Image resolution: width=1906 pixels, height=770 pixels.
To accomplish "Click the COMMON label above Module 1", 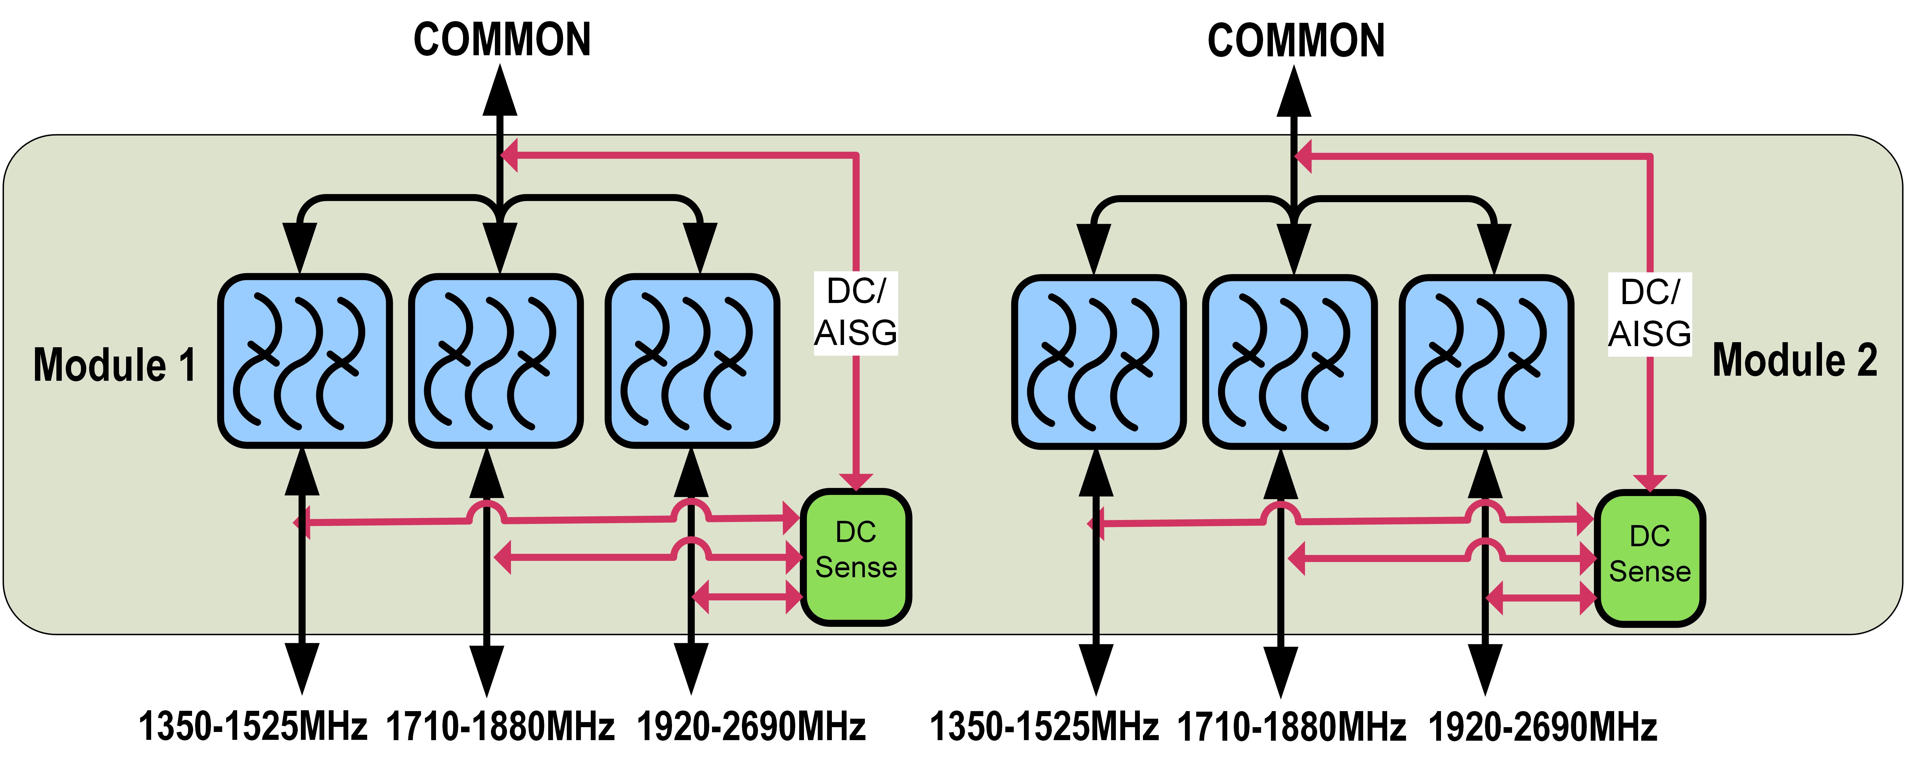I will click(x=502, y=40).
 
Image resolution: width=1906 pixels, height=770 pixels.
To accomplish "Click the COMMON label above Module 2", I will click(x=1295, y=41).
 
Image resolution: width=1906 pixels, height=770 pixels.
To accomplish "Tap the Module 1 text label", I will click(x=115, y=365).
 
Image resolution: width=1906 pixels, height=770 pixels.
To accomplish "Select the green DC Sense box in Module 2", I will click(x=1650, y=558).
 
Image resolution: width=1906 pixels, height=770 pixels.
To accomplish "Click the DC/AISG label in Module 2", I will click(x=1650, y=314).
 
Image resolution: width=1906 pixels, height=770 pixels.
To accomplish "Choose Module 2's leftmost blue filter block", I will click(x=1098, y=362).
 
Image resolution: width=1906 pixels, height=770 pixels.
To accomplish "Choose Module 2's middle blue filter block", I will click(x=1290, y=362).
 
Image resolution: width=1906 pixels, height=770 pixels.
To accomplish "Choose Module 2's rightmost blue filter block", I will click(x=1486, y=362).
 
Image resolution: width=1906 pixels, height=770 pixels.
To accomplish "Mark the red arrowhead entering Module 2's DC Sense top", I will click(x=1650, y=482).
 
